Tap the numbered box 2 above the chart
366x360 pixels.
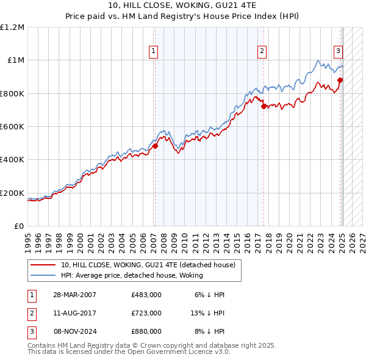(262, 52)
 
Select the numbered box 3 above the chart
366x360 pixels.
(338, 52)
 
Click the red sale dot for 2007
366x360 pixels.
(155, 146)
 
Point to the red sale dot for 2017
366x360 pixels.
(264, 106)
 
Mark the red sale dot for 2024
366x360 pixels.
(340, 80)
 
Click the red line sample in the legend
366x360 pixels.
(43, 265)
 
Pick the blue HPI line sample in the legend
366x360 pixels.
(43, 276)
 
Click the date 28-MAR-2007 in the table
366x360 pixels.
(75, 295)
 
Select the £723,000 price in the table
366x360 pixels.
(146, 313)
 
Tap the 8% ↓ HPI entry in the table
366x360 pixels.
(209, 331)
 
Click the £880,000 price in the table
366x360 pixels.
(146, 331)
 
